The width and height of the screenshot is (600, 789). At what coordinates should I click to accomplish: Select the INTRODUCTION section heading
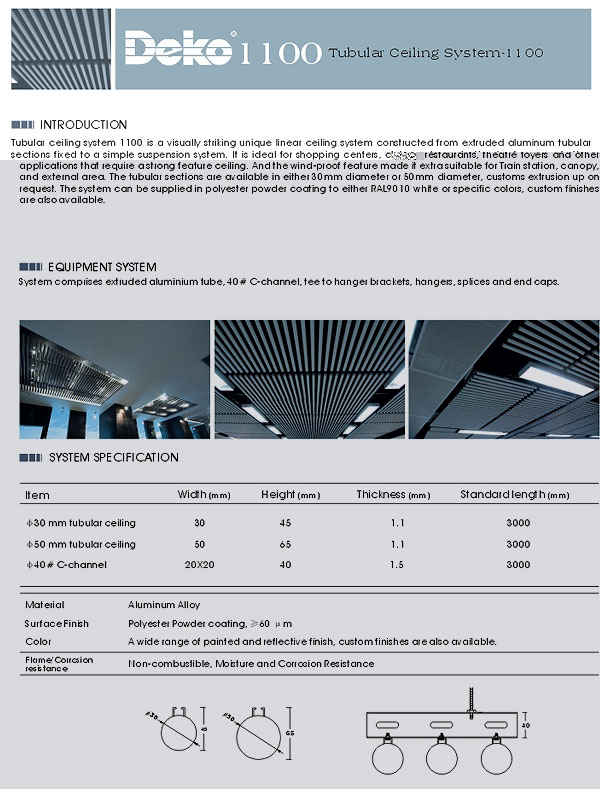click(83, 125)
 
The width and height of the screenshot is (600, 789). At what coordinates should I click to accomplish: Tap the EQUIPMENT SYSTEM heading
click(102, 267)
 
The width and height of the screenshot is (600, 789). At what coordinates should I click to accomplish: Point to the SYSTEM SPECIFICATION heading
click(113, 458)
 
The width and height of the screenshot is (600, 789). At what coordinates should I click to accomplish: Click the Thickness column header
click(393, 495)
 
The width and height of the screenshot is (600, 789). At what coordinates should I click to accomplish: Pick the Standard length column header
click(514, 495)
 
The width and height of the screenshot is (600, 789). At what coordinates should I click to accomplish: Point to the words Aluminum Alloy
click(164, 605)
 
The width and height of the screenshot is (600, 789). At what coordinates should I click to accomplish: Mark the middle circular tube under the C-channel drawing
click(441, 759)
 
